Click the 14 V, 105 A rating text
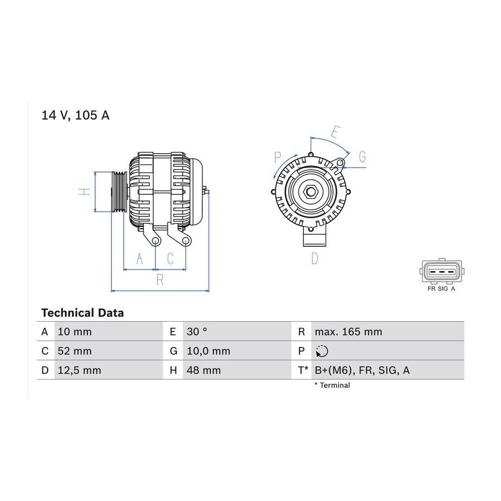[x=75, y=115]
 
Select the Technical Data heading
[x=82, y=313]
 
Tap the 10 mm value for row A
[x=75, y=332]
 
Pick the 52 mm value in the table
[x=75, y=351]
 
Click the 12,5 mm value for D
[x=80, y=370]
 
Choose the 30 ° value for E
[x=197, y=331]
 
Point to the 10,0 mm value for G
[x=209, y=351]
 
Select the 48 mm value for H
[x=204, y=370]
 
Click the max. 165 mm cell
[x=348, y=332]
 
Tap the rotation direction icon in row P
[x=322, y=351]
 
